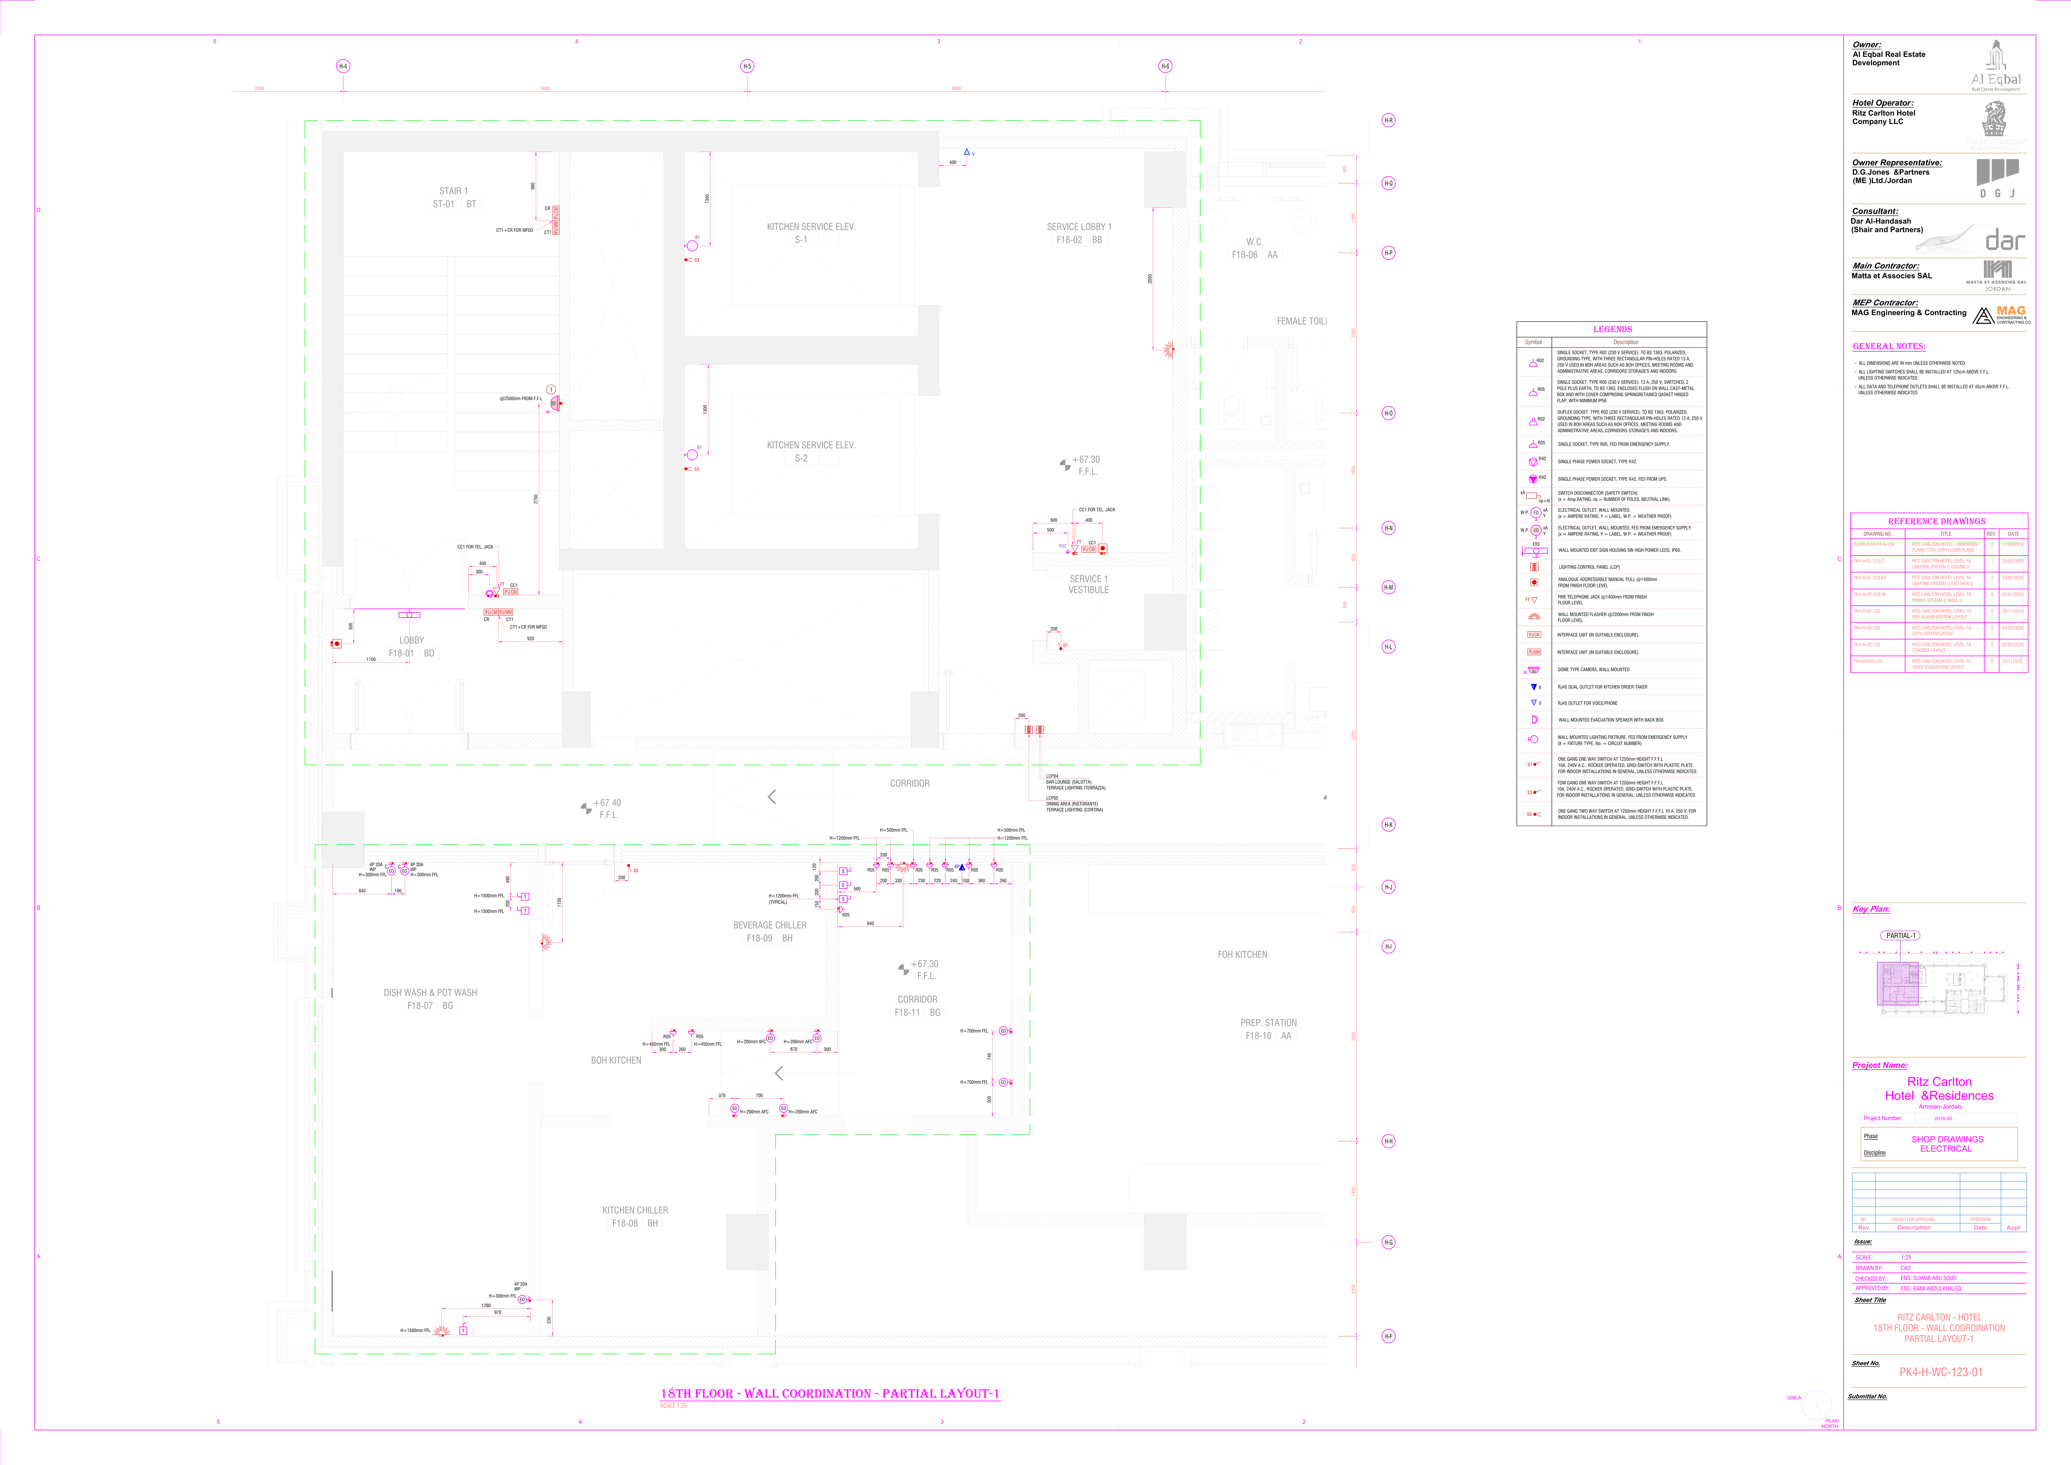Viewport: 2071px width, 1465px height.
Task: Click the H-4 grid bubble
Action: pyautogui.click(x=343, y=66)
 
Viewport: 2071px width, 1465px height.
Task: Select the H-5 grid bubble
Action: pyautogui.click(x=747, y=66)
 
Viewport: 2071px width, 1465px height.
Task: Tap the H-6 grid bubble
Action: pyautogui.click(x=1165, y=66)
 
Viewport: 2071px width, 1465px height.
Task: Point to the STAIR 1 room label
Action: pyautogui.click(x=454, y=191)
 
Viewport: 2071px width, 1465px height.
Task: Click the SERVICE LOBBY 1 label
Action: pyautogui.click(x=1079, y=227)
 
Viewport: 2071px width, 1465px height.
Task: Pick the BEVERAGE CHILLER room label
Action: pyautogui.click(x=769, y=925)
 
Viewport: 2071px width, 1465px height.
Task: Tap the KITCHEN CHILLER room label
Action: pyautogui.click(x=635, y=1211)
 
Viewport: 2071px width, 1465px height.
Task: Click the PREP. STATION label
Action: pyautogui.click(x=1268, y=1023)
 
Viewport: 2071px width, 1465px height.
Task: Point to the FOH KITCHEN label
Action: pyautogui.click(x=1242, y=954)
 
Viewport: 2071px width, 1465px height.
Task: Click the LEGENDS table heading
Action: pyautogui.click(x=1612, y=329)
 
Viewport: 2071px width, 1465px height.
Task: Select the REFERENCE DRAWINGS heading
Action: pyautogui.click(x=1937, y=521)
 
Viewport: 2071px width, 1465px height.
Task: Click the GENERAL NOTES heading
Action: pyautogui.click(x=1889, y=346)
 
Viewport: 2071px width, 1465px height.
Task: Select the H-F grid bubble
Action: pyautogui.click(x=1388, y=1336)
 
